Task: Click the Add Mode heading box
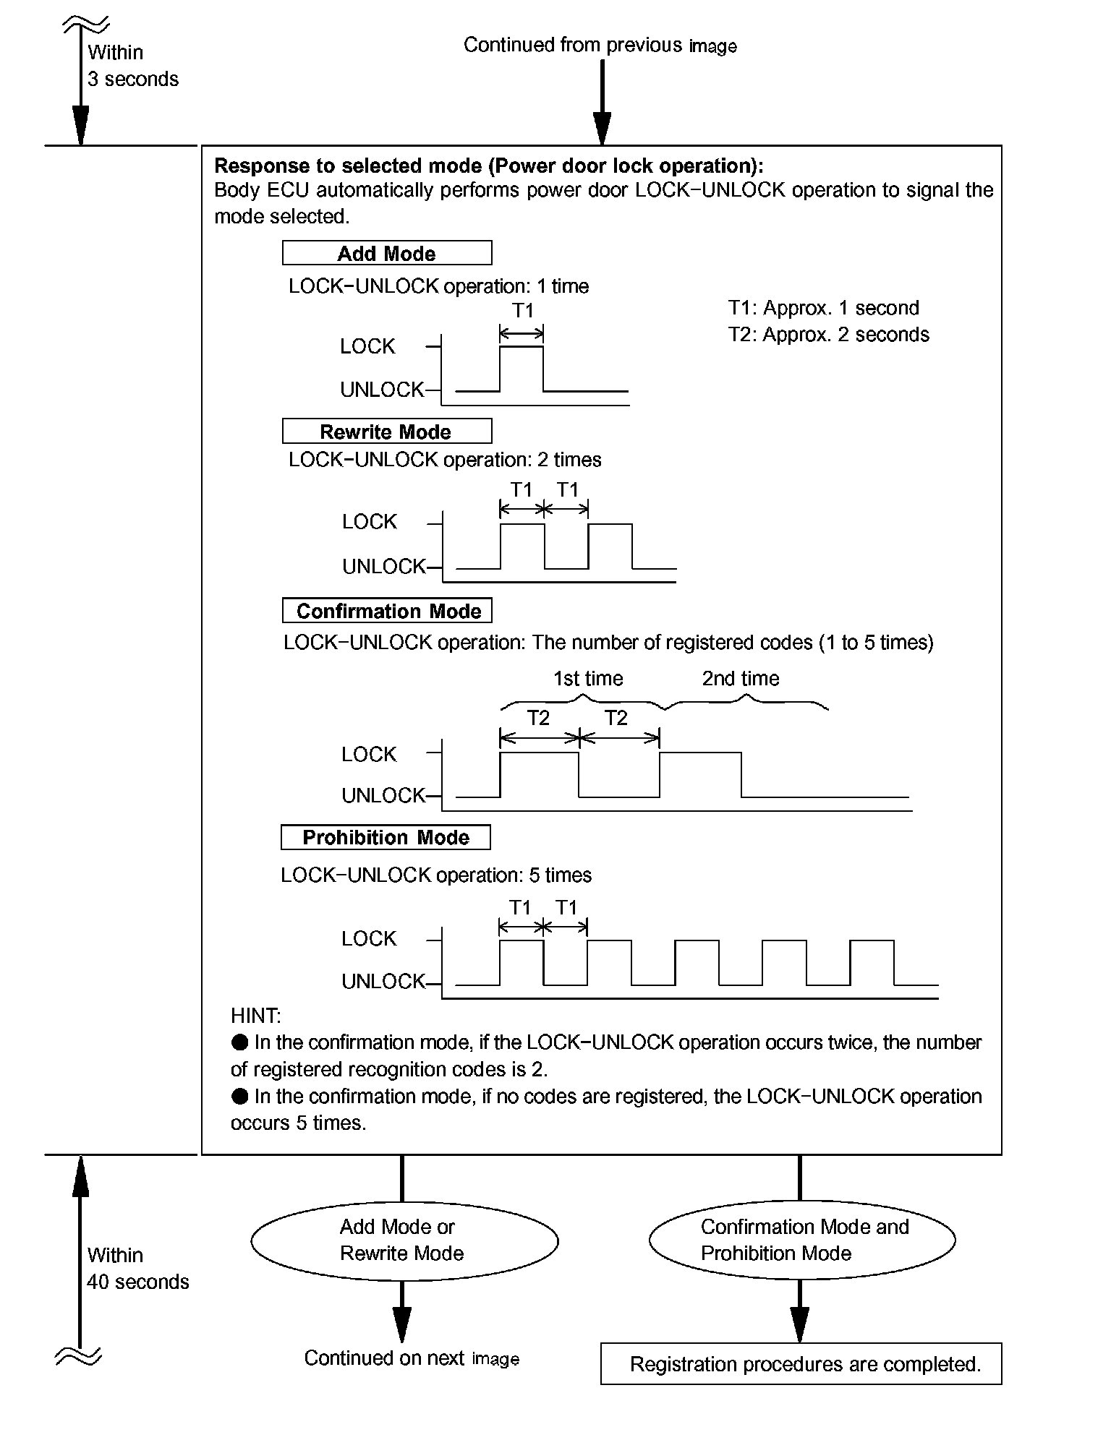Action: coord(387,253)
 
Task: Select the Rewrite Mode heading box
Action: coord(387,432)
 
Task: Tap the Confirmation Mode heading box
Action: coord(387,611)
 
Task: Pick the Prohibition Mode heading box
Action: coord(386,837)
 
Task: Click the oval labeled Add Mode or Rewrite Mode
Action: coord(404,1240)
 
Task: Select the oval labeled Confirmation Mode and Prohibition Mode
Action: coord(802,1240)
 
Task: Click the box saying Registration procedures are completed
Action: coord(801,1364)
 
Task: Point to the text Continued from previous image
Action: coord(600,46)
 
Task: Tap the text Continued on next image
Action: coord(411,1358)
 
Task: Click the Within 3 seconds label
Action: coord(132,66)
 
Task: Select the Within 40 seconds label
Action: coord(137,1269)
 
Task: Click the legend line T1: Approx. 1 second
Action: coord(823,308)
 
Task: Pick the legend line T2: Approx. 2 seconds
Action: coord(828,335)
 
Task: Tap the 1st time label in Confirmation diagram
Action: coord(588,679)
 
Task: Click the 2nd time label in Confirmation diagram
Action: coord(741,679)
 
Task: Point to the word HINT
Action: coord(255,1016)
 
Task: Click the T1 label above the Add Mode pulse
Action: coord(522,311)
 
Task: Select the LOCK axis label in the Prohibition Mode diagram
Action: coord(369,939)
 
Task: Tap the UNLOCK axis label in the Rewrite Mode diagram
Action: coord(383,567)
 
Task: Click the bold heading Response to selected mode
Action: coord(488,166)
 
